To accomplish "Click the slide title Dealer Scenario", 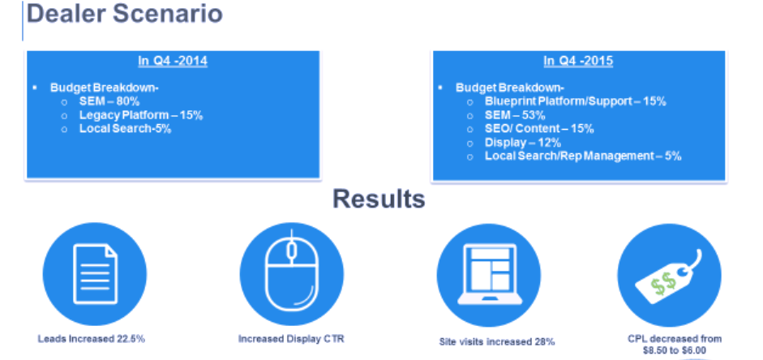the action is [x=125, y=14].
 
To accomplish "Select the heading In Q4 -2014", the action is [x=173, y=62].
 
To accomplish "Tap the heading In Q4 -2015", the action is [x=578, y=62].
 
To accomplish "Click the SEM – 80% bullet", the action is [x=109, y=101].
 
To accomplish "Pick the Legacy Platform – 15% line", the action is [x=141, y=115].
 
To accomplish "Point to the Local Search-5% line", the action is [x=126, y=129].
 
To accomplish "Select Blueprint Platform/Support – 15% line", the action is [x=576, y=101].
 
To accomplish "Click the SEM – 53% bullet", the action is [x=515, y=115].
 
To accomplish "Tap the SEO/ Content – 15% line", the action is [x=539, y=129].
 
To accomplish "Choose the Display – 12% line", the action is [x=523, y=143].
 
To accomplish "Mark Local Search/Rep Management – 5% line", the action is [x=583, y=156].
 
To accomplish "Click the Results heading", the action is [x=379, y=199].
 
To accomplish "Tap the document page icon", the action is [x=96, y=274].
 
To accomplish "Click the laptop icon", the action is [x=489, y=274].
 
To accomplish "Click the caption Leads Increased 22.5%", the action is [x=92, y=339].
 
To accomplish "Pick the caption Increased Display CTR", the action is [x=291, y=339].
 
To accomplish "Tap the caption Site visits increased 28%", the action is [x=497, y=342].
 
